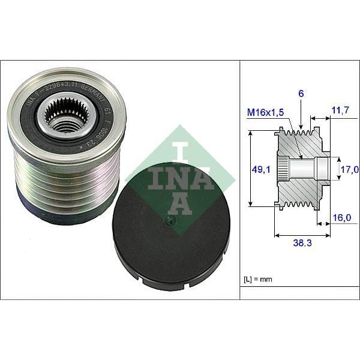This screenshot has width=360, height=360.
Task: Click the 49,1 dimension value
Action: (x=259, y=169)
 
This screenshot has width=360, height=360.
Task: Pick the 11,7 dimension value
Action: (x=340, y=109)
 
